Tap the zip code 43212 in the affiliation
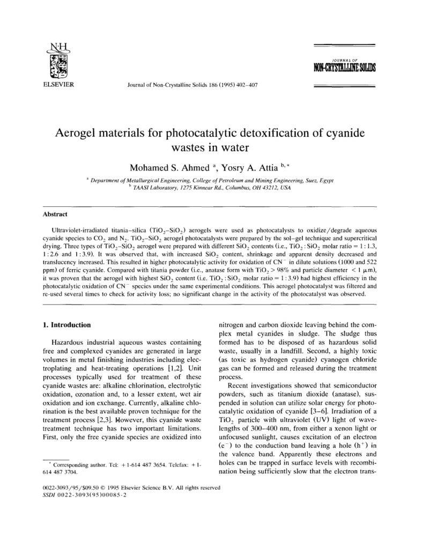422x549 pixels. tap(268, 188)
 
